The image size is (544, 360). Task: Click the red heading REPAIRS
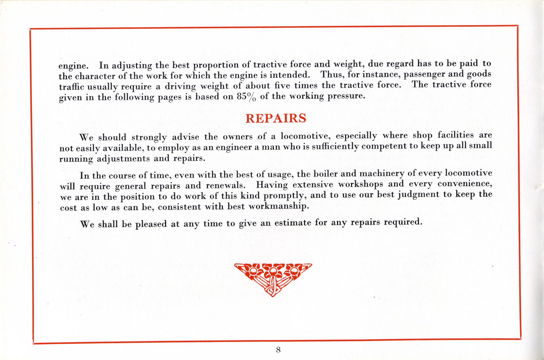pyautogui.click(x=276, y=118)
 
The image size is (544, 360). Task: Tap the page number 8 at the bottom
pyautogui.click(x=278, y=350)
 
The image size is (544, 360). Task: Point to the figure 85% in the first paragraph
pyautogui.click(x=246, y=97)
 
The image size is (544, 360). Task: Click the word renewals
pyautogui.click(x=225, y=185)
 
